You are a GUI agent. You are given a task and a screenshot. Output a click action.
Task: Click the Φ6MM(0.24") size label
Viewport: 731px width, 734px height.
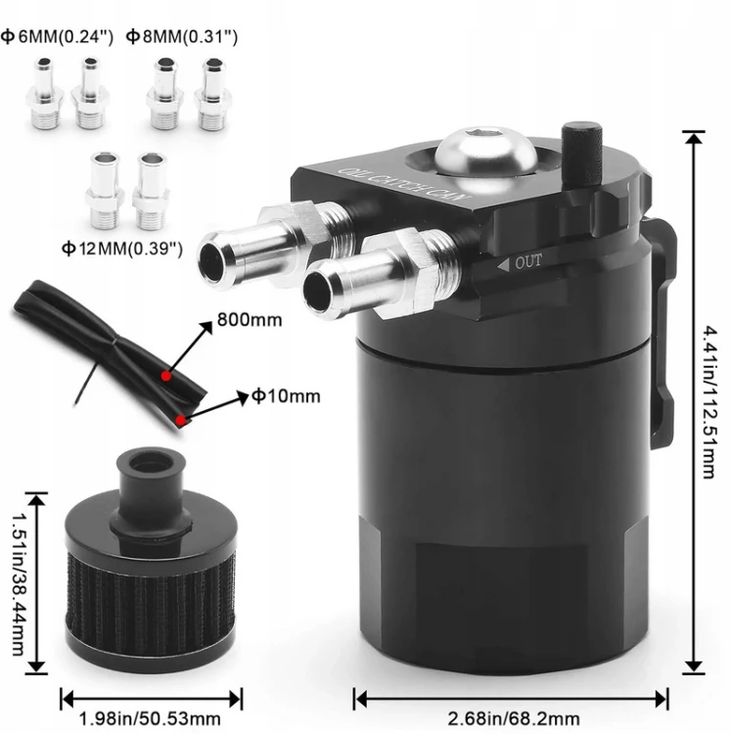tap(57, 36)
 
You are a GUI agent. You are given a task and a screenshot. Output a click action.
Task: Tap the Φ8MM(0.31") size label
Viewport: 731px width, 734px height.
tap(182, 36)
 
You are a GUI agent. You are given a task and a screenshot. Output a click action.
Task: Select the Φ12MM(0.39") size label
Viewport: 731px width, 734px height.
tap(122, 249)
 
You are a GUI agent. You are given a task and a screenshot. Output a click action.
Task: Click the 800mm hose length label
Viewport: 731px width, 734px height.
tap(250, 320)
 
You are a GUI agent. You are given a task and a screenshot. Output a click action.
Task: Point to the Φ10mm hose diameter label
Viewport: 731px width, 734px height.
tap(286, 396)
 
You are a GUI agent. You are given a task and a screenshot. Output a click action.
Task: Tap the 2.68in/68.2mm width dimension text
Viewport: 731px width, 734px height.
tap(514, 717)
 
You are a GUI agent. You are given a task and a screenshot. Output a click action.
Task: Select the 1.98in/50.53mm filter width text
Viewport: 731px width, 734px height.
tap(150, 717)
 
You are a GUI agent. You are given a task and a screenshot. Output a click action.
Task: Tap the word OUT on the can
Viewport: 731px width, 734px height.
tap(528, 262)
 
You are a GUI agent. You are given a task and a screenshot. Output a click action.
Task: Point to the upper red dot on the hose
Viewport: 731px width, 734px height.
tap(165, 376)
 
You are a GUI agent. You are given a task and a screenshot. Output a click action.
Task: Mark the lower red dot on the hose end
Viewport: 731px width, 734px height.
tap(181, 421)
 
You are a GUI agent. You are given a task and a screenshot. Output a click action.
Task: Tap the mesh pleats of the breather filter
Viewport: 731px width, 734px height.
tap(151, 599)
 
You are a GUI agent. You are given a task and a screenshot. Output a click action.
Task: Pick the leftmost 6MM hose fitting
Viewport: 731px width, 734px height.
tap(45, 93)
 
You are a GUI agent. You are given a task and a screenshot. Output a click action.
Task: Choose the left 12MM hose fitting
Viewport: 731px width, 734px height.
tap(105, 190)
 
